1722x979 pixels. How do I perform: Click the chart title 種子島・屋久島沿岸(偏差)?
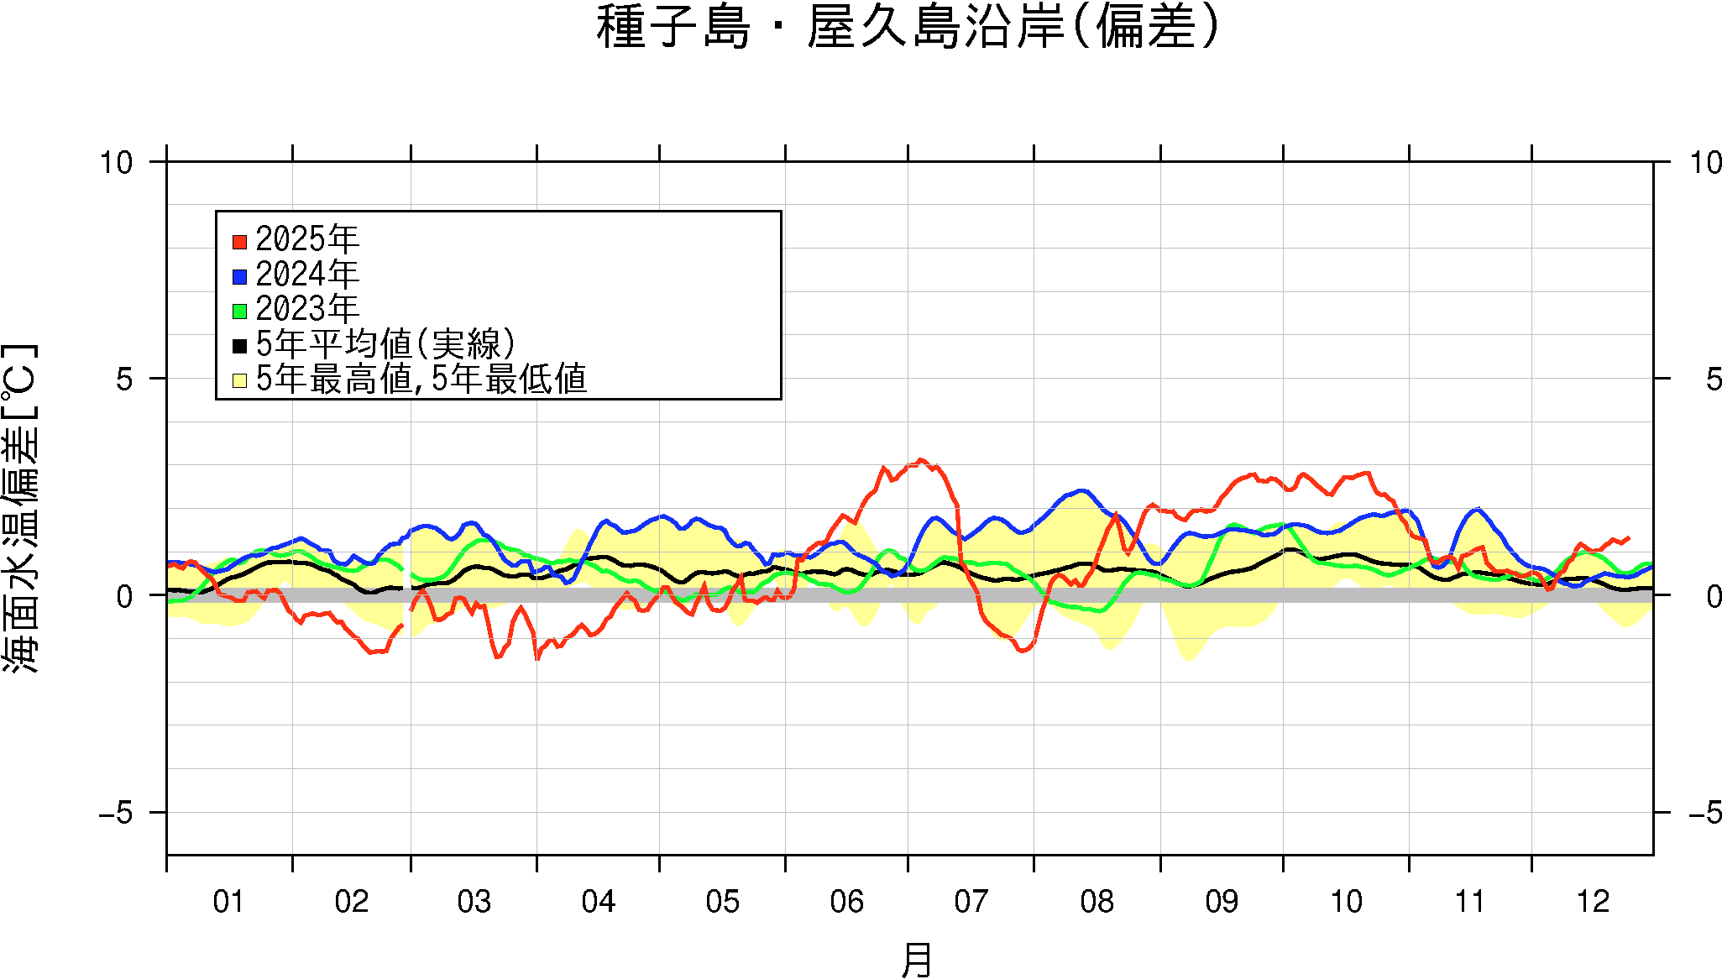click(908, 28)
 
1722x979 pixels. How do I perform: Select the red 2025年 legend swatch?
click(239, 242)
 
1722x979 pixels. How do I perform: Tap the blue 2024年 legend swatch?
click(239, 276)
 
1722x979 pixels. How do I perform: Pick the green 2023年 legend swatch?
click(239, 311)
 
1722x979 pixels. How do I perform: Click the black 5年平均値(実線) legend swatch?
click(239, 345)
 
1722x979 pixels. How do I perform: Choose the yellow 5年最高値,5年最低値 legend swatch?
click(239, 380)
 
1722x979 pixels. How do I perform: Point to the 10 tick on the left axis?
click(117, 162)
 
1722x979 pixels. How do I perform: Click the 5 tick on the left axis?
click(124, 380)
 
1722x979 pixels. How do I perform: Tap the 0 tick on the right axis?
click(1714, 596)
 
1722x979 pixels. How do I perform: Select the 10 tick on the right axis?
click(1705, 162)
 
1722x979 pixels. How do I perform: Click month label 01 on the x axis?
click(228, 902)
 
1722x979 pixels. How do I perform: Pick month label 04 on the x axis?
click(598, 902)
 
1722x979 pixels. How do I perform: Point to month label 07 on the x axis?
click(971, 902)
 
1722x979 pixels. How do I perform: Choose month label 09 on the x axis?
click(1222, 902)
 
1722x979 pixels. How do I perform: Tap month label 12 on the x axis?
click(1593, 902)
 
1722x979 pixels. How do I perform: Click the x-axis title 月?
click(916, 960)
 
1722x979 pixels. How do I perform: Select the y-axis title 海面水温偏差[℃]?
click(20, 508)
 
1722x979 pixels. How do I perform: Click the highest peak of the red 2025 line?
click(921, 460)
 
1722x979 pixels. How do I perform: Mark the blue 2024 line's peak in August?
click(1082, 490)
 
